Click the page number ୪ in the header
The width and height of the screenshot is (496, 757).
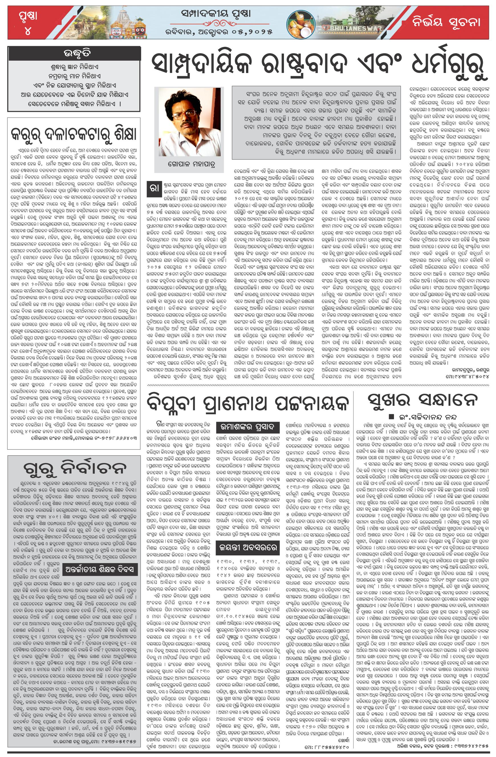[x=28, y=31]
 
